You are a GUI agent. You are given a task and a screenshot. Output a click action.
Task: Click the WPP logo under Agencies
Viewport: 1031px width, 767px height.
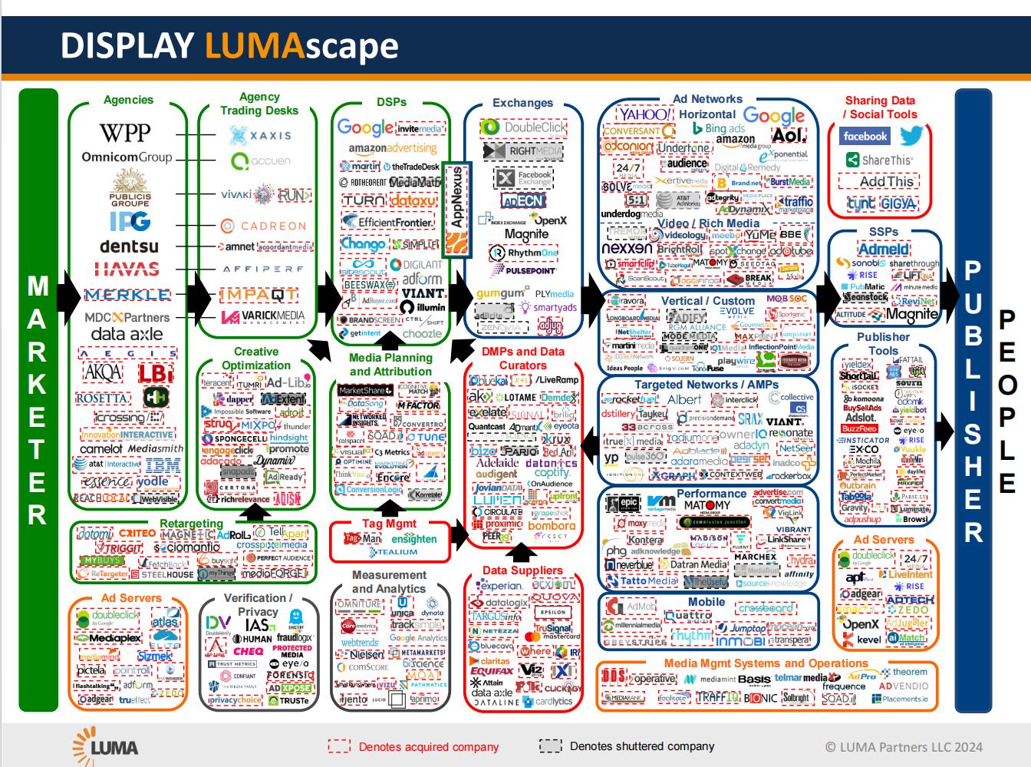tap(125, 133)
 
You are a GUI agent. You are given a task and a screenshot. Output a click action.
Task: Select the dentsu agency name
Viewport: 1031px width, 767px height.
tap(129, 246)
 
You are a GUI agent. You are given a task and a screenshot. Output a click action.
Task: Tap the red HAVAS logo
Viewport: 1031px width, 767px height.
tap(127, 269)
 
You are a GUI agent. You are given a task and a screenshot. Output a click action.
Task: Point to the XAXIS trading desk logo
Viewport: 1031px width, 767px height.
tap(260, 135)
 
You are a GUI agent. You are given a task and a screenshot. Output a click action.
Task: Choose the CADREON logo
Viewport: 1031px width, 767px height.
tap(264, 226)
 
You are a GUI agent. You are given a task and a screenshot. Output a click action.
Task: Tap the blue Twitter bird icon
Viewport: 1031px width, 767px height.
tap(911, 136)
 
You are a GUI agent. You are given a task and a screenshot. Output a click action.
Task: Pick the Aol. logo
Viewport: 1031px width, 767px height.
tap(789, 135)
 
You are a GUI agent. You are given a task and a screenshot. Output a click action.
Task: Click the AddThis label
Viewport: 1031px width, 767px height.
tap(886, 182)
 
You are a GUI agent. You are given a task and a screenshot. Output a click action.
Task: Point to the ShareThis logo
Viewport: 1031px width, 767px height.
tap(879, 160)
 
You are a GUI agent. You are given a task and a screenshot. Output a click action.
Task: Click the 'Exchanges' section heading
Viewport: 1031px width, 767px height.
tap(522, 103)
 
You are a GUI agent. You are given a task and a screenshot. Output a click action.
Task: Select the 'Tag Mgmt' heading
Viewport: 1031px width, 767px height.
tap(389, 524)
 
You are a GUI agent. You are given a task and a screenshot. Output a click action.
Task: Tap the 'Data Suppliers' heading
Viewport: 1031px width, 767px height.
tap(522, 570)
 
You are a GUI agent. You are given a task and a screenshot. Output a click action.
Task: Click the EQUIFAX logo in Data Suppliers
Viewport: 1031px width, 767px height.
tap(491, 670)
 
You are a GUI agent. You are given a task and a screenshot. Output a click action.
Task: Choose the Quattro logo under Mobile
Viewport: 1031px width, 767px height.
tap(687, 616)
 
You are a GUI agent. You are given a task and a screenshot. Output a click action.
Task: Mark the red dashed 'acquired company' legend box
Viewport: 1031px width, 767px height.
tap(339, 746)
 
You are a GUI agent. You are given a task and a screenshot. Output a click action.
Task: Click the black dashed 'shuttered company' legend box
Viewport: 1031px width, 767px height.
tap(550, 746)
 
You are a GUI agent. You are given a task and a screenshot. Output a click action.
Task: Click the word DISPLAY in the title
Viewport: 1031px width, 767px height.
tap(127, 46)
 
